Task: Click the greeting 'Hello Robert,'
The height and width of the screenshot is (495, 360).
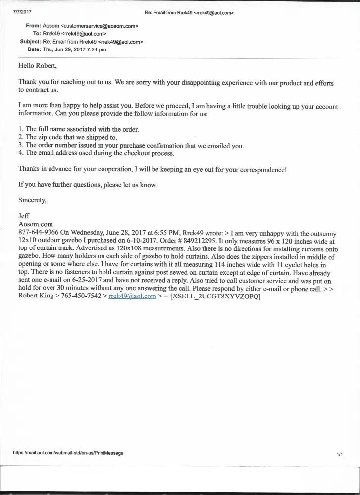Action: coord(38,66)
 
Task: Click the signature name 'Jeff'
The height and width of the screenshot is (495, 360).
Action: coord(24,216)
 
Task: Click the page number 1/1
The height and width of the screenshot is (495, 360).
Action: coord(340,454)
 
